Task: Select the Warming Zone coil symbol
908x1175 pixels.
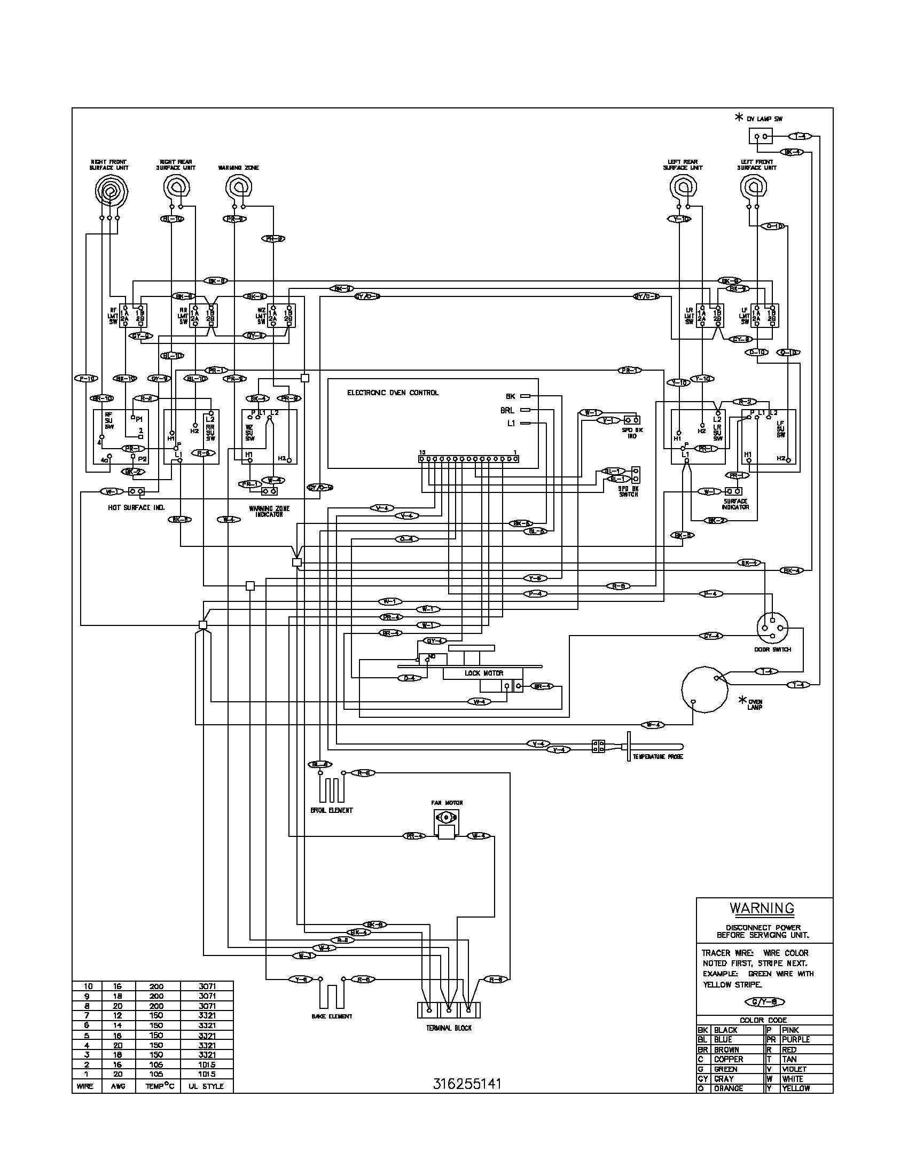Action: pos(238,188)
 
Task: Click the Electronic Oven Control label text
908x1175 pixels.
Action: pos(393,393)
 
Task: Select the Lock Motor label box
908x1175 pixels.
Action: pos(483,673)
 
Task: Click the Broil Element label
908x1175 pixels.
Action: pos(331,810)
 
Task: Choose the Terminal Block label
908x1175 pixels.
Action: pos(448,1028)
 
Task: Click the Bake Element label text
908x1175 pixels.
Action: pos(332,1016)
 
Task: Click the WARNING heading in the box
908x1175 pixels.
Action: pos(762,908)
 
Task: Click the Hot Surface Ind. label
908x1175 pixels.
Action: pos(136,507)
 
